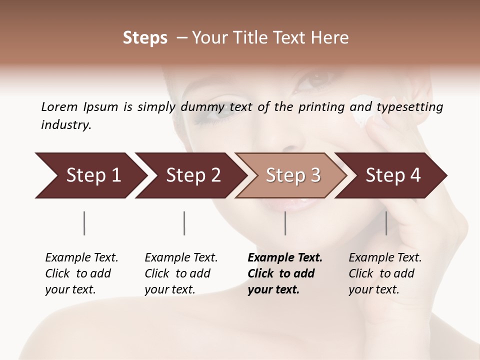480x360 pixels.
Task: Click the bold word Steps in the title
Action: click(145, 38)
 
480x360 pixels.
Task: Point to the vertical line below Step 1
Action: click(84, 223)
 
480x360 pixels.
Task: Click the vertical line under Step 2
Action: click(184, 223)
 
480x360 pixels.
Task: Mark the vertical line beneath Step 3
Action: click(285, 223)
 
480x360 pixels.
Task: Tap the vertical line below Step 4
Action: click(386, 223)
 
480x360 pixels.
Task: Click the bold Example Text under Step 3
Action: click(285, 273)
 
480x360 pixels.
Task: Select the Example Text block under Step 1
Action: click(81, 273)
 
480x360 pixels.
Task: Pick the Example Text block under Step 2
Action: click(181, 273)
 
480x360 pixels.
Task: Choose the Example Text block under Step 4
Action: click(385, 273)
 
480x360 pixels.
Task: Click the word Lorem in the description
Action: click(59, 107)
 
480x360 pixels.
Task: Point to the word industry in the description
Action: click(66, 124)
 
